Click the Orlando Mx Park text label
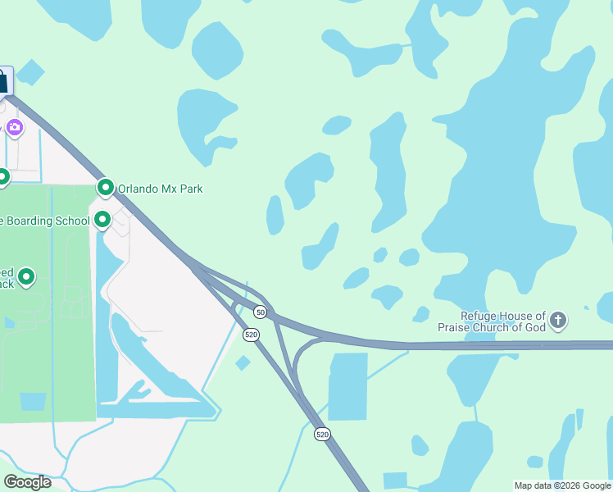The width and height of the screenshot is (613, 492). [160, 189]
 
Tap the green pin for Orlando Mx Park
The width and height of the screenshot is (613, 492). [105, 188]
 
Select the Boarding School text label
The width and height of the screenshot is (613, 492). [45, 221]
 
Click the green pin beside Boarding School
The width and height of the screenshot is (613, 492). [102, 219]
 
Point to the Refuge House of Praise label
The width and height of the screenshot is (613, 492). [503, 321]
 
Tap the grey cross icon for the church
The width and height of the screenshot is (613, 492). [558, 320]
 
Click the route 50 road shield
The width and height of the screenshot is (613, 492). [260, 312]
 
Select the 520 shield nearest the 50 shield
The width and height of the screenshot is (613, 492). [252, 335]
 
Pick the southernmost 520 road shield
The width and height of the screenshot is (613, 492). [322, 434]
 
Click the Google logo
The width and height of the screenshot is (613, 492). [27, 482]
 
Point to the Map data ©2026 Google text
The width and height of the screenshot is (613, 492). [562, 485]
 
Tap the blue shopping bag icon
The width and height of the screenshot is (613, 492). [2, 80]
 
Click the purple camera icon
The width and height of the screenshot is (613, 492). [14, 127]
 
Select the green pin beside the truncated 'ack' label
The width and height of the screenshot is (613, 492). [26, 278]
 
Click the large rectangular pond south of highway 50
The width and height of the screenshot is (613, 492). [347, 386]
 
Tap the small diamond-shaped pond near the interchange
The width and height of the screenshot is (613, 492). [243, 362]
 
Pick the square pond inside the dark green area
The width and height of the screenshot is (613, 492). [33, 402]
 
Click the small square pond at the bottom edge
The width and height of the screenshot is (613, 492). [395, 481]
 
